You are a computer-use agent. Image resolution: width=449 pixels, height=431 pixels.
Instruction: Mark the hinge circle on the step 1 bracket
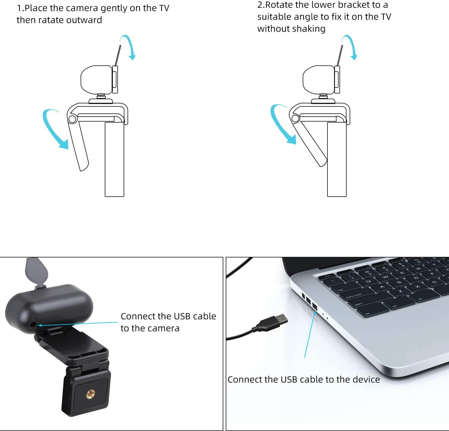(72, 119)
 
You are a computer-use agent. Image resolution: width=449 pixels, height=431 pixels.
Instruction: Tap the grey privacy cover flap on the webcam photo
(37, 271)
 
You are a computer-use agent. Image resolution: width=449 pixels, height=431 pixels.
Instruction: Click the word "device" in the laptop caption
(366, 379)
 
